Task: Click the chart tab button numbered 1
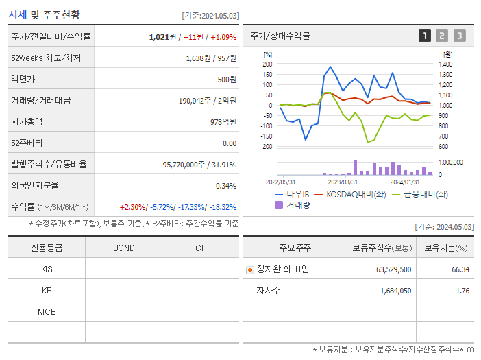tap(425, 36)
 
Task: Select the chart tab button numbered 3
tap(459, 36)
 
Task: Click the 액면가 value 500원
tap(226, 79)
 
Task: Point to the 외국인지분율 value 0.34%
tap(225, 185)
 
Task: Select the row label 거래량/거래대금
tap(40, 100)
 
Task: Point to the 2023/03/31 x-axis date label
tap(343, 182)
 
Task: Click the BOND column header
tap(123, 248)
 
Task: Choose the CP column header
tap(201, 248)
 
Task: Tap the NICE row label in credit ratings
tap(47, 311)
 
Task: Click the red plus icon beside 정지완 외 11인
tap(250, 269)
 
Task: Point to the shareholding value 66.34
tap(460, 269)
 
